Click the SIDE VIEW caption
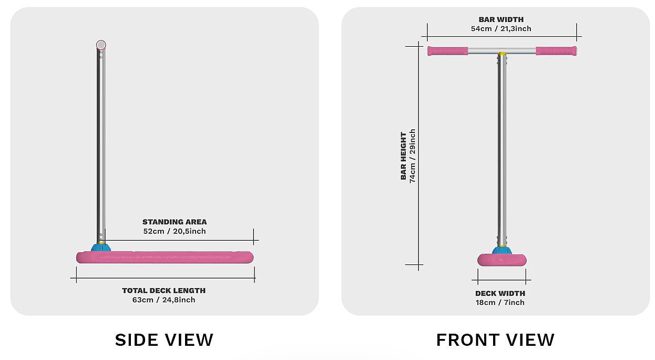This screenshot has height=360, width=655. (x=164, y=340)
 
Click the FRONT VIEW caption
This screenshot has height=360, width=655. (x=495, y=340)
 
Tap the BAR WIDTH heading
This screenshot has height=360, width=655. (x=501, y=20)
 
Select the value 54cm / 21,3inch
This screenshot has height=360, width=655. (x=501, y=29)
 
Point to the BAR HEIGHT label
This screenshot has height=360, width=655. (x=404, y=156)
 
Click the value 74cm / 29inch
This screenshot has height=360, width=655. (x=413, y=156)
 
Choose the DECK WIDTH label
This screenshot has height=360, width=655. (x=500, y=293)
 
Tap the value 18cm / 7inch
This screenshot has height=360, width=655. (x=500, y=302)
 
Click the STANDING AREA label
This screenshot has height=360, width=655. (x=175, y=222)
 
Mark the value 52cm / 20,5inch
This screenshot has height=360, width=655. (x=175, y=231)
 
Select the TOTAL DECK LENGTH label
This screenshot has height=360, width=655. (x=163, y=290)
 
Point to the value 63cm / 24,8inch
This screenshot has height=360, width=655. (x=163, y=300)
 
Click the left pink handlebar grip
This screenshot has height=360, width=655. (x=447, y=51)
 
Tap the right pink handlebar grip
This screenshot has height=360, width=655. (x=556, y=51)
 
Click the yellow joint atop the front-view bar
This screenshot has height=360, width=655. (x=502, y=53)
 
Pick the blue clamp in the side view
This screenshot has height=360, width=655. (x=100, y=247)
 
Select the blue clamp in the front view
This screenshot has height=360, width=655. (x=502, y=250)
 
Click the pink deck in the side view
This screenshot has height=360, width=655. (x=165, y=257)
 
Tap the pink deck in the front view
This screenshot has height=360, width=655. (x=502, y=260)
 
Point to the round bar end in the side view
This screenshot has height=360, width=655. (x=101, y=45)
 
